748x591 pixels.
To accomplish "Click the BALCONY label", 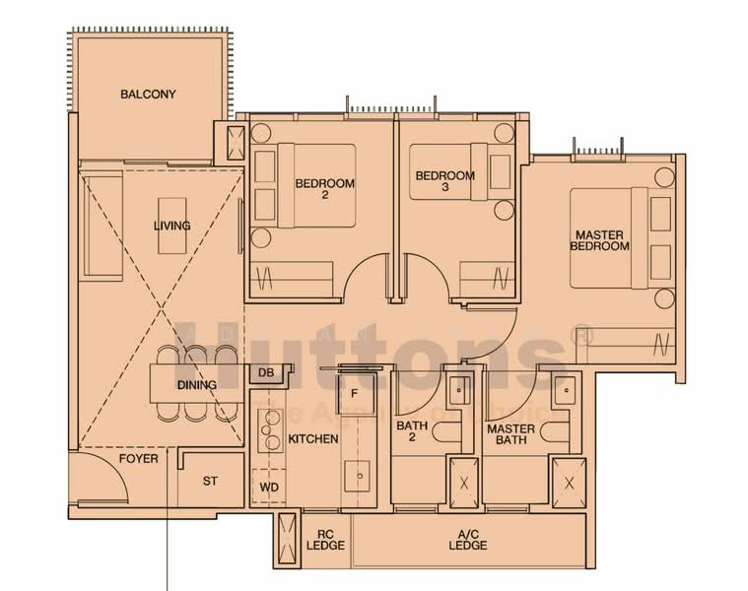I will point(148,95).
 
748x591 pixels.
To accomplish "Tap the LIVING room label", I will point(171,226).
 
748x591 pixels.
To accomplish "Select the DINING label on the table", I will point(197,384).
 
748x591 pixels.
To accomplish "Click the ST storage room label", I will point(209,481).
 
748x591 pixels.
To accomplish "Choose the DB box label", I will point(265,372).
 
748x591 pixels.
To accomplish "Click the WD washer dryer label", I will point(268,488).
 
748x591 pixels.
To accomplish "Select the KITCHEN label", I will point(312,438).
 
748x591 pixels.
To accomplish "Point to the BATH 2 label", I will point(411,433).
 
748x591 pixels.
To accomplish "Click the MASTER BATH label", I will point(511,434).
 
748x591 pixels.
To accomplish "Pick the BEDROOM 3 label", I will point(444,182).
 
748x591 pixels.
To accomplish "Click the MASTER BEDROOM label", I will point(599,239).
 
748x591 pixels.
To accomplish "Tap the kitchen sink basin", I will point(359,476).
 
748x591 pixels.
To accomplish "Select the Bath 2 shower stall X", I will point(466,482).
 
